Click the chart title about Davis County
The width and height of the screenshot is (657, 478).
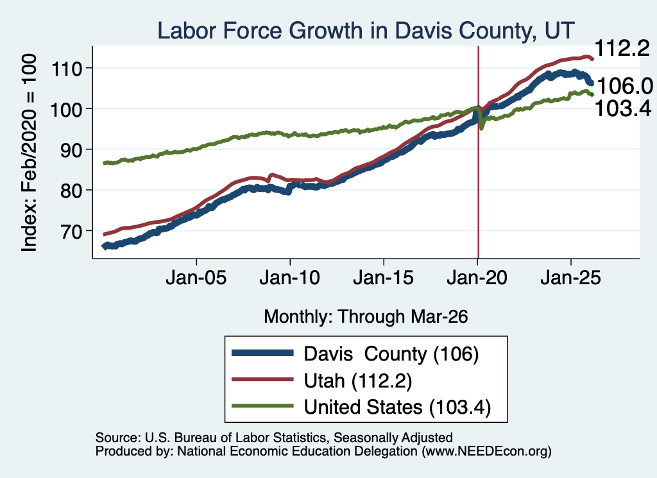click(365, 31)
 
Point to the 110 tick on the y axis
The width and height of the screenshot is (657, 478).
click(66, 68)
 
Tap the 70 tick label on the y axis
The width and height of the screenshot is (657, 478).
click(71, 231)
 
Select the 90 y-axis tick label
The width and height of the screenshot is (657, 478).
click(71, 150)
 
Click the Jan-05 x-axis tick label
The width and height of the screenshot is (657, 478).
click(196, 278)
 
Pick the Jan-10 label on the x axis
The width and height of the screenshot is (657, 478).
click(289, 278)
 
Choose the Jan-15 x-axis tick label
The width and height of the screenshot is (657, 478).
click(384, 278)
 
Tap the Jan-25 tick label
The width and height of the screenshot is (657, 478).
click(570, 278)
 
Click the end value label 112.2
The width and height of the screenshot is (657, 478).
click(622, 49)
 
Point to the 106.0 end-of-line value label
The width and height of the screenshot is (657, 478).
click(625, 87)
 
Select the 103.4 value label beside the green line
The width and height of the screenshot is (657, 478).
click(623, 108)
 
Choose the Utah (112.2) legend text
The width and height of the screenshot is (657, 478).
click(358, 380)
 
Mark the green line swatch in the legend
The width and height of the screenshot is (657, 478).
click(262, 406)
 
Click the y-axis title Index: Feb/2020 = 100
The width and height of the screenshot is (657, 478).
click(29, 153)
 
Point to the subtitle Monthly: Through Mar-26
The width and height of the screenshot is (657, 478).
click(366, 317)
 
